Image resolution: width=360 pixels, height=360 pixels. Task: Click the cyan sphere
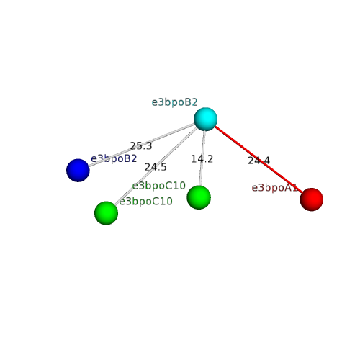pyautogui.click(x=205, y=119)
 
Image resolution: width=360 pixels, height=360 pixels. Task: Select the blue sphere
pyautogui.click(x=78, y=170)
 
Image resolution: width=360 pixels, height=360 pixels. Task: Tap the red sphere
pyautogui.click(x=312, y=199)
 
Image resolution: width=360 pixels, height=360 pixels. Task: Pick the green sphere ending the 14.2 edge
pyautogui.click(x=199, y=197)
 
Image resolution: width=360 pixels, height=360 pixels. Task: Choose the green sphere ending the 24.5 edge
pyautogui.click(x=106, y=213)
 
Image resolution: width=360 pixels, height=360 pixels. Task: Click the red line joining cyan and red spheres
pyautogui.click(x=258, y=159)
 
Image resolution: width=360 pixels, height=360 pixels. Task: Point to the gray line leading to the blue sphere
pyautogui.click(x=142, y=145)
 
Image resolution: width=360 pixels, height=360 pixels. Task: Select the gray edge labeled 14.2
pyautogui.click(x=202, y=158)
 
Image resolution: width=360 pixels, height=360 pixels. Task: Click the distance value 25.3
pyautogui.click(x=141, y=146)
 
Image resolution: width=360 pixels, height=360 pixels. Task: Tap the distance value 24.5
pyautogui.click(x=156, y=167)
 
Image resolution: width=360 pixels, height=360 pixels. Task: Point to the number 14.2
pyautogui.click(x=202, y=159)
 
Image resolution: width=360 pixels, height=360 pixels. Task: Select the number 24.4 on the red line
pyautogui.click(x=258, y=161)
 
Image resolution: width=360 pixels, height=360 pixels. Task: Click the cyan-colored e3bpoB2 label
pyautogui.click(x=174, y=102)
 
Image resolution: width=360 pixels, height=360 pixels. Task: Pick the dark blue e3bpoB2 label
pyautogui.click(x=114, y=158)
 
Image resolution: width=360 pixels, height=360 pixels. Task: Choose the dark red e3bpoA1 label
pyautogui.click(x=275, y=188)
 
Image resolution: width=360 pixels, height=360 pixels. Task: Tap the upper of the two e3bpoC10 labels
pyautogui.click(x=159, y=186)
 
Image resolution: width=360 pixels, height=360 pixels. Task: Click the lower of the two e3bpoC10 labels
pyautogui.click(x=146, y=201)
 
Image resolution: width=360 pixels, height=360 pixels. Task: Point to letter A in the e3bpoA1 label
pyautogui.click(x=288, y=188)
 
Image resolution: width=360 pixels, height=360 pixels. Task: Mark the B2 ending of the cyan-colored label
pyautogui.click(x=191, y=102)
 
